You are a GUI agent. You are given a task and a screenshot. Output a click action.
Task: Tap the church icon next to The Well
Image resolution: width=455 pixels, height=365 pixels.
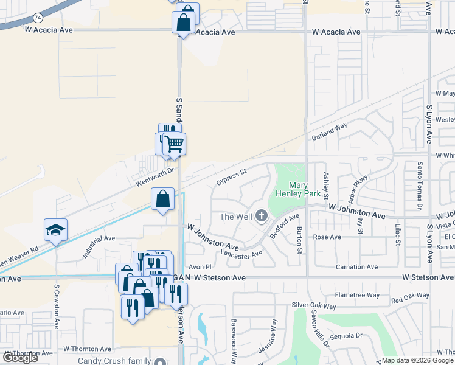coord(262,215)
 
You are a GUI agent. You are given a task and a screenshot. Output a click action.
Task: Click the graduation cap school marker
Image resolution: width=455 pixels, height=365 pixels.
coord(55,231)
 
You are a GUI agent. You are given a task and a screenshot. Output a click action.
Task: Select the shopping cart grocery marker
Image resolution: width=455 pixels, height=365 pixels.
coord(174,144)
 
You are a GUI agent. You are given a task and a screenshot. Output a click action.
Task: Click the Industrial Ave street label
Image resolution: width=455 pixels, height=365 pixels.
coord(99,247)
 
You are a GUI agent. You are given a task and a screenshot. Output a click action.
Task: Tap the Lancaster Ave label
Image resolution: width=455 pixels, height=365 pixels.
coord(241,254)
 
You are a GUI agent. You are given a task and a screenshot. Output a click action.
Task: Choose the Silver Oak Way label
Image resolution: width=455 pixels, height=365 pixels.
coord(313,305)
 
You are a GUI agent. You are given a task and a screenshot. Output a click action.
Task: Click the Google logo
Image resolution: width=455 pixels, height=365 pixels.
coord(20,358)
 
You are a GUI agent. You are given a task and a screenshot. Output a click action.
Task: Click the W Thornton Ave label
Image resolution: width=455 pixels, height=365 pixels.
coord(88,349)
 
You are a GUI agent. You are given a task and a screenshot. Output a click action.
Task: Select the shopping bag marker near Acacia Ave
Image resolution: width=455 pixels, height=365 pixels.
coord(183,24)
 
